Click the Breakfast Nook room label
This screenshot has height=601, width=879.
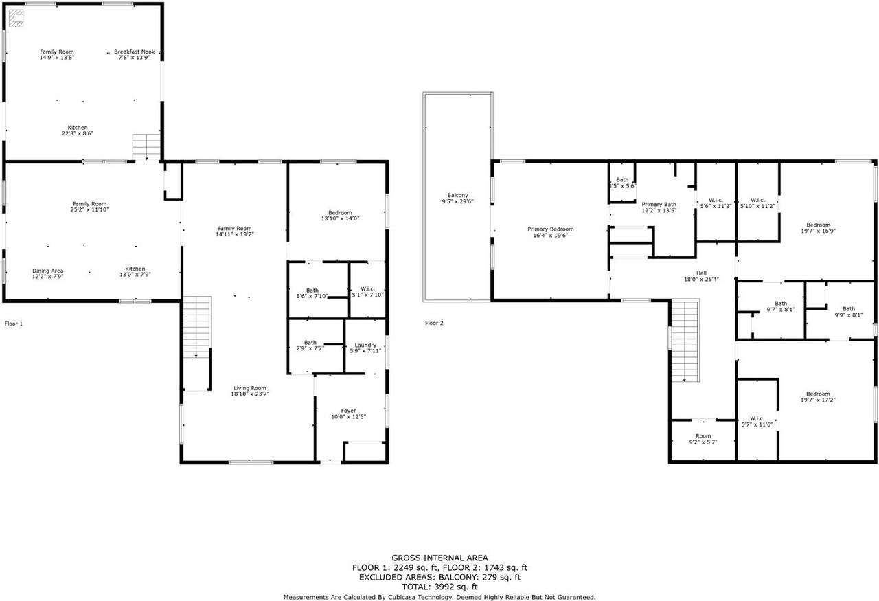[134, 52]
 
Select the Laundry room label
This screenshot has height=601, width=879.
[365, 345]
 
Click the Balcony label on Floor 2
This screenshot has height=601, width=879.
[457, 196]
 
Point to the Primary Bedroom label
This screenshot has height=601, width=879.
[550, 229]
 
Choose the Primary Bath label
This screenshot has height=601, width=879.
[659, 205]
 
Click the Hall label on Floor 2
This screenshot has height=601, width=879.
[700, 273]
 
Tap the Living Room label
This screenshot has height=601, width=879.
[249, 388]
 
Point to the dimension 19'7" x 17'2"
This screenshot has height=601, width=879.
[817, 400]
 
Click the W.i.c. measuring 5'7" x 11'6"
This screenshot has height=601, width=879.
[757, 418]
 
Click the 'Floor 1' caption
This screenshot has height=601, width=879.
[14, 323]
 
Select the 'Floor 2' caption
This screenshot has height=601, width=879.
[434, 323]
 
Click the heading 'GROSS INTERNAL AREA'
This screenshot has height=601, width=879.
[439, 558]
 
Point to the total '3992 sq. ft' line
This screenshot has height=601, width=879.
[439, 587]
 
